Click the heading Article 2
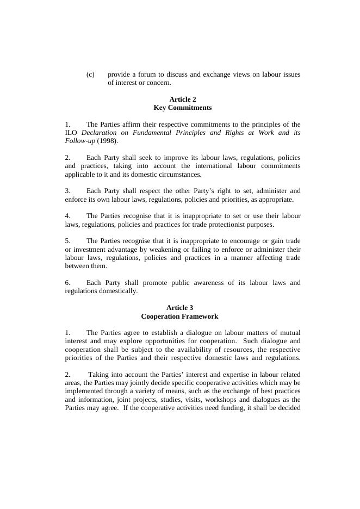pyautogui.click(x=183, y=100)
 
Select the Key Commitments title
pyautogui.click(x=183, y=108)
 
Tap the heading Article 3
pyautogui.click(x=179, y=308)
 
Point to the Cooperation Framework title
pyautogui.click(x=179, y=316)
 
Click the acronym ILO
pyautogui.click(x=71, y=133)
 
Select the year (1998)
pyautogui.click(x=108, y=141)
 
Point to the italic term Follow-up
pyautogui.click(x=80, y=141)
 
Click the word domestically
pyautogui.click(x=118, y=291)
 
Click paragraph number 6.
pyautogui.click(x=67, y=283)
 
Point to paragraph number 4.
pyautogui.click(x=67, y=216)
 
